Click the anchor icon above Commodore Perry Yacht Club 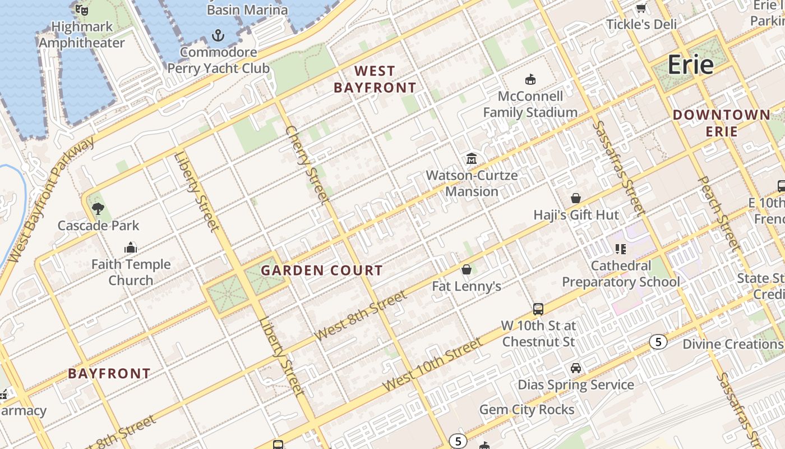coord(218,36)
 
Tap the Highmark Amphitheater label coord(82,35)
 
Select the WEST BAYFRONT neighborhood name coord(375,79)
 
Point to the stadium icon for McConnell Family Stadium coord(530,79)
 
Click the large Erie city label coord(690,65)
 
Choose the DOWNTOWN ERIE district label coord(722,123)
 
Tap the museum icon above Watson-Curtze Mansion coord(471,159)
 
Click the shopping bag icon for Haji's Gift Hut coord(576,198)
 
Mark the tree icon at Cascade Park coord(98,209)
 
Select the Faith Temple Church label coord(131,272)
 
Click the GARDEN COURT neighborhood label coord(322,271)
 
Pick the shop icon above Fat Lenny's coord(466,270)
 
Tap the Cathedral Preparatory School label coord(621,273)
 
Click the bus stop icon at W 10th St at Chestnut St coord(538,309)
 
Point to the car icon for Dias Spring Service coord(576,368)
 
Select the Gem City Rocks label coord(527,410)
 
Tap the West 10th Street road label coord(432,365)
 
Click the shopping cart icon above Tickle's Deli coord(641,8)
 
